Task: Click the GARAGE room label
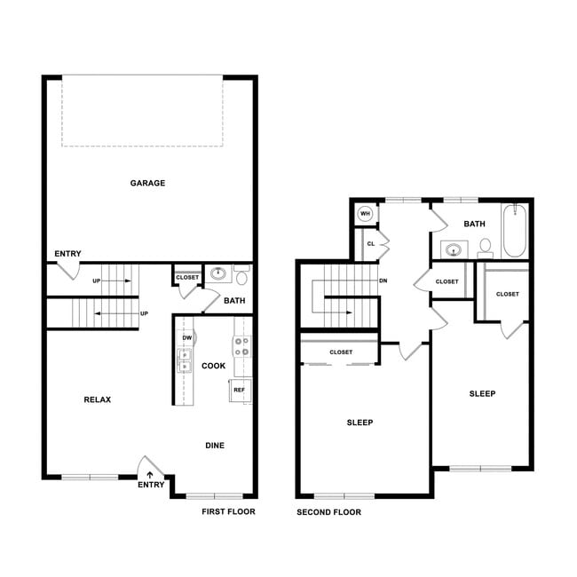pos(147,183)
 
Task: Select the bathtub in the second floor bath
pos(516,231)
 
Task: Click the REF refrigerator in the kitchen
pos(240,390)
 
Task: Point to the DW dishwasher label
pos(187,338)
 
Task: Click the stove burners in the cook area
pos(241,346)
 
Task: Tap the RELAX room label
pos(97,399)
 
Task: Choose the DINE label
pos(215,446)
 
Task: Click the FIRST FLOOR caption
pos(228,512)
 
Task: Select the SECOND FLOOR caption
pos(328,512)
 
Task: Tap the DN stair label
pos(383,281)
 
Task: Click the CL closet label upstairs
pos(371,243)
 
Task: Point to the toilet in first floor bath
pos(241,275)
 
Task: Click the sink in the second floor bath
pos(454,250)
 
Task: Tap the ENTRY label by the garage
pos(67,254)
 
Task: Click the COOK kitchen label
pos(214,366)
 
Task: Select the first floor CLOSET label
pos(187,278)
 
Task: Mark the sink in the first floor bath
pos(217,273)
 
